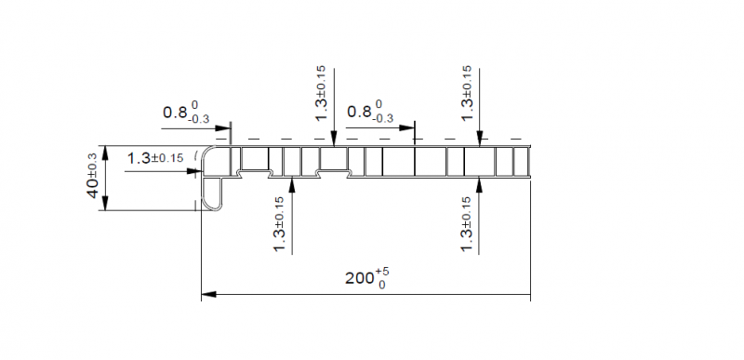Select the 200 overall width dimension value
coord(360,278)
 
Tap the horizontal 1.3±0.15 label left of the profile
coord(154,158)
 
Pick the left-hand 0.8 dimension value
coord(175,113)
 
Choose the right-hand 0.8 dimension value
coord(359,112)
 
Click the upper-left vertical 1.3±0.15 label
coord(321,93)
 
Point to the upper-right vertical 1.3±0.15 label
coord(467,93)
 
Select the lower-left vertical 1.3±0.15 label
coord(280,224)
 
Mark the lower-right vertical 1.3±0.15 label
coord(467,224)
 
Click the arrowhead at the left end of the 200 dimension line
coord(208,295)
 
